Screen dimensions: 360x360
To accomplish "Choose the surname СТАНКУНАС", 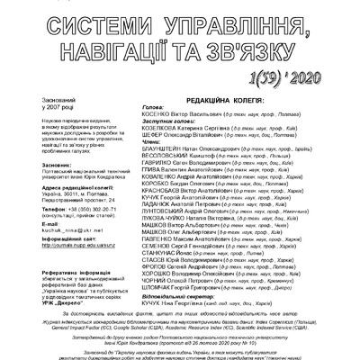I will coord(166,278).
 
